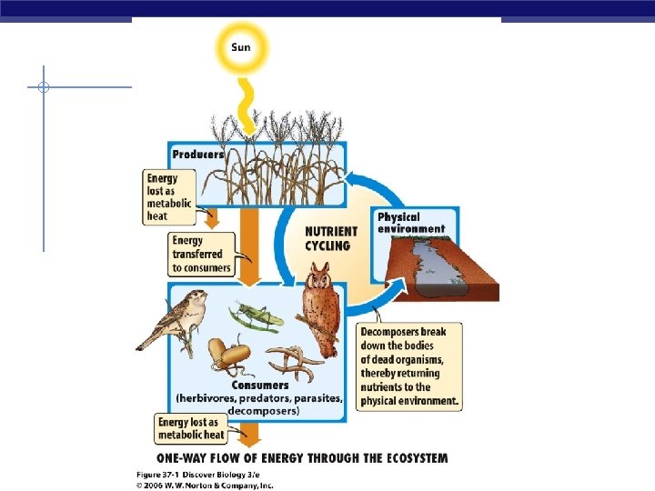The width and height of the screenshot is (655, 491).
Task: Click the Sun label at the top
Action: point(241,46)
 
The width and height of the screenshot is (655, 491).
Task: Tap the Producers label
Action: point(198,155)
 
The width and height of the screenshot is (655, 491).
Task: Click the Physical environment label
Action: point(411,223)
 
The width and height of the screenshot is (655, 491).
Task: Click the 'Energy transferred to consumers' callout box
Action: point(201,254)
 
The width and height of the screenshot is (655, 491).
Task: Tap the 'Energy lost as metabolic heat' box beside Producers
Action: point(168,198)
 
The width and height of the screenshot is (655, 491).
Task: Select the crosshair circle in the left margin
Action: point(43,88)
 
